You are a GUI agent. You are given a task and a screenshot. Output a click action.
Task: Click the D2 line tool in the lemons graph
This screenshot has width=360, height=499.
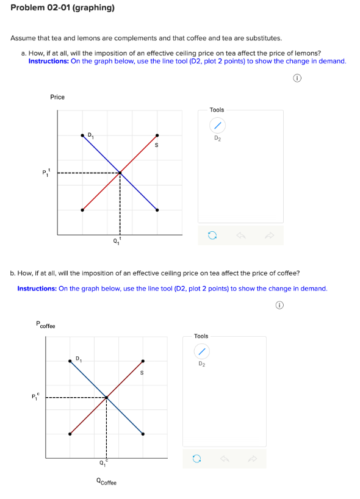point(217,126)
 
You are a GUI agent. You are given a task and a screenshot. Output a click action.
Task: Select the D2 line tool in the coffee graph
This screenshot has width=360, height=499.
point(201,351)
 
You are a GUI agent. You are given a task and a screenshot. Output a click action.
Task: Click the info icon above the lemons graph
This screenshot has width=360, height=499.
point(296,78)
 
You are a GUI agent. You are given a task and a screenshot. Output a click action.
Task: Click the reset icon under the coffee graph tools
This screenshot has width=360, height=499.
point(196,459)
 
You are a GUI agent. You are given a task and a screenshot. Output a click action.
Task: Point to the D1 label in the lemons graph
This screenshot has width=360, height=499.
point(90,134)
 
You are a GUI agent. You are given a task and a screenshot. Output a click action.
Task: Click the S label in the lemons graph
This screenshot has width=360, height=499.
point(157,145)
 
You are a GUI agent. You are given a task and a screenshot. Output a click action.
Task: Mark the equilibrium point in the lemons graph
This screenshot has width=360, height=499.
point(120,173)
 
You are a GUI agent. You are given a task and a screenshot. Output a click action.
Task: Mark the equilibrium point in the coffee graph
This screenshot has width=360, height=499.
point(106,398)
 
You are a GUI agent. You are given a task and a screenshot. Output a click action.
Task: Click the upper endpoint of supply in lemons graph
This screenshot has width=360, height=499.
point(157,135)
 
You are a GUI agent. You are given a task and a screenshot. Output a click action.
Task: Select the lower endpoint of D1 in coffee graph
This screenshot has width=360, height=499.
point(143,434)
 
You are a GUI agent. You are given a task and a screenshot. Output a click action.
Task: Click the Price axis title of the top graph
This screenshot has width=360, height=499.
point(57,97)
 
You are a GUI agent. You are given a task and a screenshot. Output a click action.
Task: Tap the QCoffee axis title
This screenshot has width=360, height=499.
point(106,483)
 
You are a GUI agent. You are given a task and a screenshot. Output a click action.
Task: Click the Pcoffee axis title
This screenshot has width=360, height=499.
point(45,325)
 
